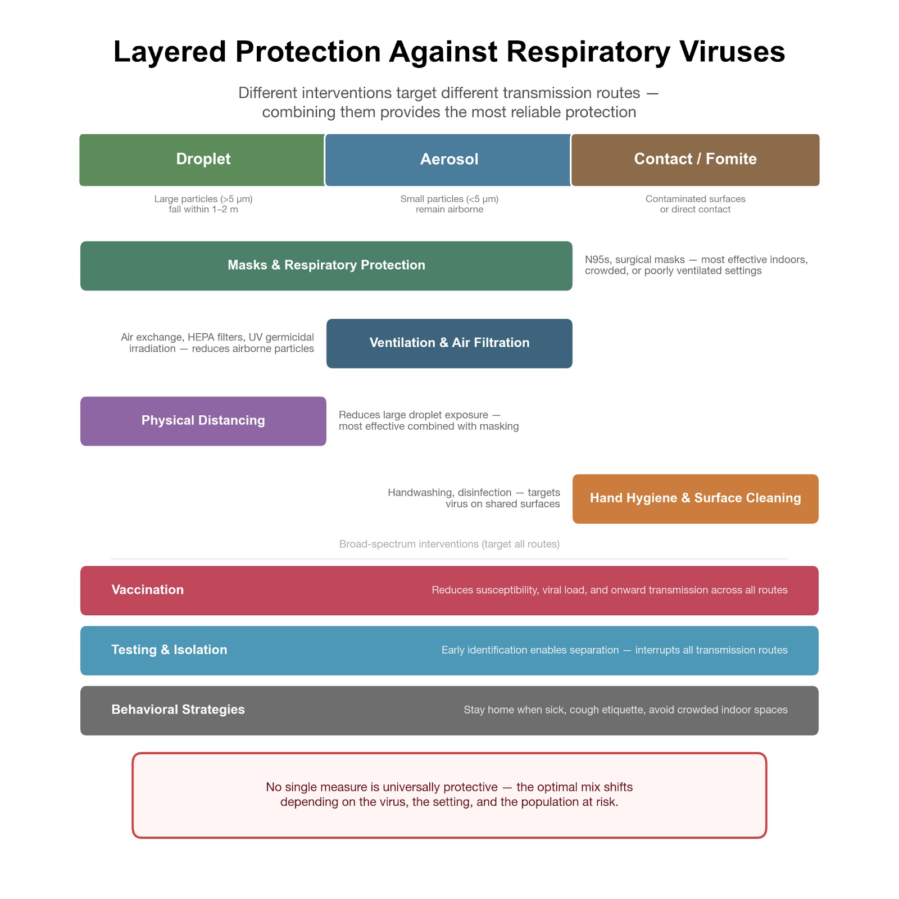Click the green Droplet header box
coord(203,160)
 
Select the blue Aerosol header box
coord(449,160)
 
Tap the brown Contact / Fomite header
coord(695,160)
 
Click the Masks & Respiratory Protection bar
coord(326,265)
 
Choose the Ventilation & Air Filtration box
coord(449,343)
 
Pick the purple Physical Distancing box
coord(203,421)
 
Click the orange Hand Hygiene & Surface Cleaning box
coord(695,498)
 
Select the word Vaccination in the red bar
coord(147,590)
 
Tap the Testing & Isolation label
coord(169,650)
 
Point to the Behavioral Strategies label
coord(178,710)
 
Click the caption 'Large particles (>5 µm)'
coord(203,199)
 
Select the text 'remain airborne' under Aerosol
coord(449,210)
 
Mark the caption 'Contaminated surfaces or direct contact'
coord(695,204)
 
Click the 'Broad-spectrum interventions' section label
coord(449,544)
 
